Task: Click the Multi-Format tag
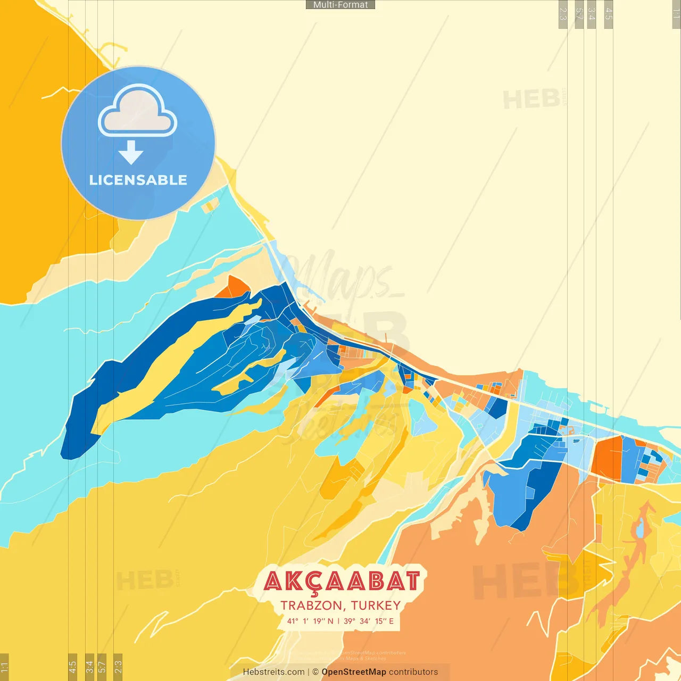[340, 5]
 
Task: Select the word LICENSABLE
[138, 180]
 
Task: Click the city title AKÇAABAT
[342, 582]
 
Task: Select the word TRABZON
[311, 605]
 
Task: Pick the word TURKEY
[376, 605]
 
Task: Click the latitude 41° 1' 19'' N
[310, 621]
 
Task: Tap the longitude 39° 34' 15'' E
[369, 621]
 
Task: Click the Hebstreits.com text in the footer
[273, 672]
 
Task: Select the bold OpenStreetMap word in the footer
[354, 672]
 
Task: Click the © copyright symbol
[315, 672]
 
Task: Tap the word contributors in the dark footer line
[413, 672]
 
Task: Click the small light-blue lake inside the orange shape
[641, 528]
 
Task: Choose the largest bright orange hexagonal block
[607, 458]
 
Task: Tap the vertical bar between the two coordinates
[338, 621]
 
